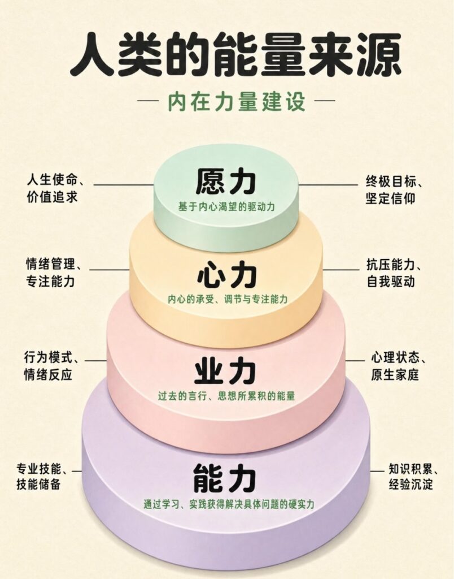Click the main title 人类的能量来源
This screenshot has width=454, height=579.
(235, 55)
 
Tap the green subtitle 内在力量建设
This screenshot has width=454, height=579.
(237, 102)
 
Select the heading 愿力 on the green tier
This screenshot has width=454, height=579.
(226, 182)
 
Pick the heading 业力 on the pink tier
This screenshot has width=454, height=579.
(226, 371)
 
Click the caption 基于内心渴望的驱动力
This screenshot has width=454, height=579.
(226, 207)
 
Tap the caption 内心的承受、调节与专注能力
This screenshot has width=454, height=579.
(227, 299)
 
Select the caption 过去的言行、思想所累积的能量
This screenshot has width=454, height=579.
(226, 396)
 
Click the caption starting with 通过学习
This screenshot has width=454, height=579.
(229, 504)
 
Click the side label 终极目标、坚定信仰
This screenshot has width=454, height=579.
(394, 190)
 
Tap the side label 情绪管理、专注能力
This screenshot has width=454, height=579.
(54, 273)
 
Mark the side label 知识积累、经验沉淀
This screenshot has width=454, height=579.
(414, 476)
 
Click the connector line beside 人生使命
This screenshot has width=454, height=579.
(124, 184)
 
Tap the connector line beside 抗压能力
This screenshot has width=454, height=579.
(341, 269)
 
